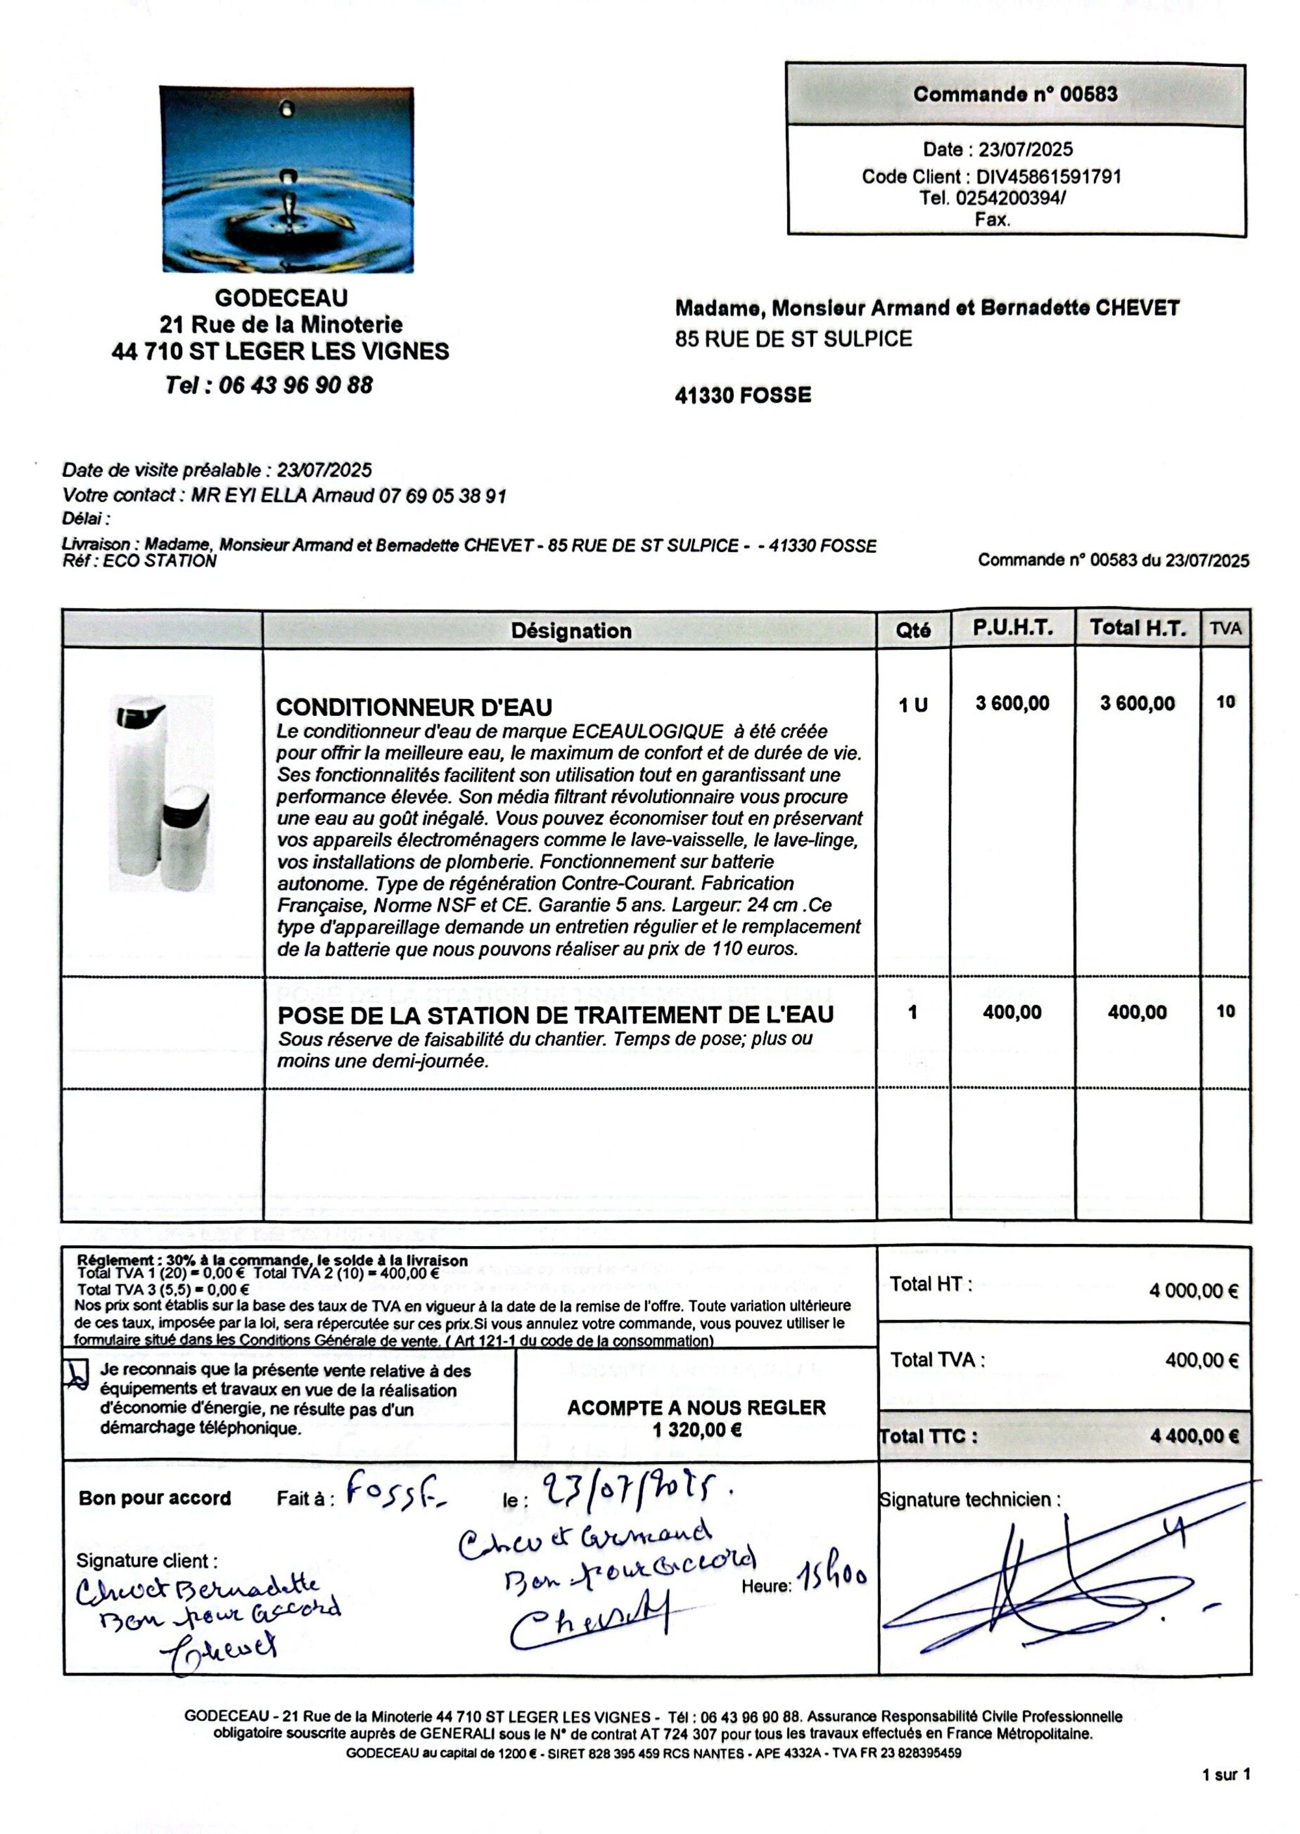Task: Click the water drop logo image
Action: pos(287,179)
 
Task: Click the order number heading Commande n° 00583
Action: pos(1015,94)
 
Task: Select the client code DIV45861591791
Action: pos(1048,177)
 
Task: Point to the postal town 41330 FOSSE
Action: pos(743,395)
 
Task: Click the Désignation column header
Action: pos(571,631)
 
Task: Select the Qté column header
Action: pos(913,631)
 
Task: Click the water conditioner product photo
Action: pos(162,792)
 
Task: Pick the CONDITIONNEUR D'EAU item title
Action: pos(414,707)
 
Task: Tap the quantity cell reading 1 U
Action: pos(913,705)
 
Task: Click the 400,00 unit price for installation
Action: pos(1012,1012)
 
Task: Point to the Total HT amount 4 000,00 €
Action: pos(1193,1291)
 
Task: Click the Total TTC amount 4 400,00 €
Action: pos(1193,1436)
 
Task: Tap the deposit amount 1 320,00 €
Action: pos(696,1429)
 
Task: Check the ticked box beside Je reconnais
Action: pos(76,1374)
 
